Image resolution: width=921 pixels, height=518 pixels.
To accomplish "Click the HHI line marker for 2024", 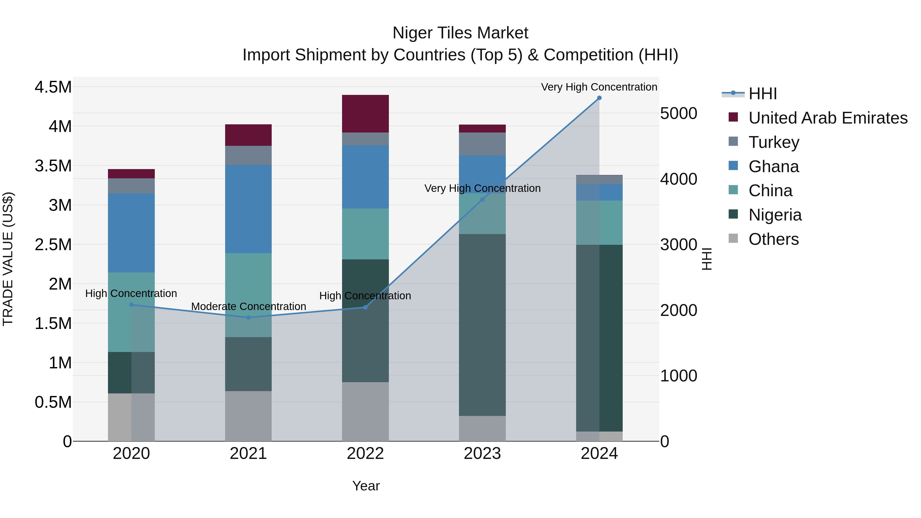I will point(599,98).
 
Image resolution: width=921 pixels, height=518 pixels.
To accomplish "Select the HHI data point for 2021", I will point(248,317).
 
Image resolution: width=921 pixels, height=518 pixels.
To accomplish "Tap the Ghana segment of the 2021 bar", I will point(248,209).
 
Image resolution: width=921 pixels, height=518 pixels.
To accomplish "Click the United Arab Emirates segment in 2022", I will point(365,114).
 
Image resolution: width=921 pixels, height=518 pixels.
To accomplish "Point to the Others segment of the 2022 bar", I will point(365,411).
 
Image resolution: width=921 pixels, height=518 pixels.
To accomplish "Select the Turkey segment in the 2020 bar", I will point(131,186).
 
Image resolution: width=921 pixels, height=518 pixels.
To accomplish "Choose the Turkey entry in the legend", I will point(774,142).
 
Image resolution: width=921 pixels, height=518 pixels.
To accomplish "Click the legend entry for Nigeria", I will point(775,215).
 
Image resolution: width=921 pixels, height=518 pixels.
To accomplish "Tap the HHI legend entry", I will point(762,94).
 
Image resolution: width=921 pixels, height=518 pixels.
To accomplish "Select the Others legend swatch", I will point(733,238).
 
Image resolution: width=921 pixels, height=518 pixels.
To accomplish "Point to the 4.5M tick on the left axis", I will point(53,87).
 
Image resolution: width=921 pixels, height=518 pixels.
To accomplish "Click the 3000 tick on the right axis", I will point(678,245).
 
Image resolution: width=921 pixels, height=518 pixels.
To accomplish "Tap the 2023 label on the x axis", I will point(482,454).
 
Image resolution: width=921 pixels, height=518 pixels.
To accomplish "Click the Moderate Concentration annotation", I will point(248,306).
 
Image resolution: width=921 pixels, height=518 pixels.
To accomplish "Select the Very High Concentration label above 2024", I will point(599,87).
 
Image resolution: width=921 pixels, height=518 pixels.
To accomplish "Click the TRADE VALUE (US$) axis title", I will point(8,259).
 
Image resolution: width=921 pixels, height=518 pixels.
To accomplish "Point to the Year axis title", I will point(366,486).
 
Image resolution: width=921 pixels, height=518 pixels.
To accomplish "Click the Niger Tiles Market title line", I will point(460,33).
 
